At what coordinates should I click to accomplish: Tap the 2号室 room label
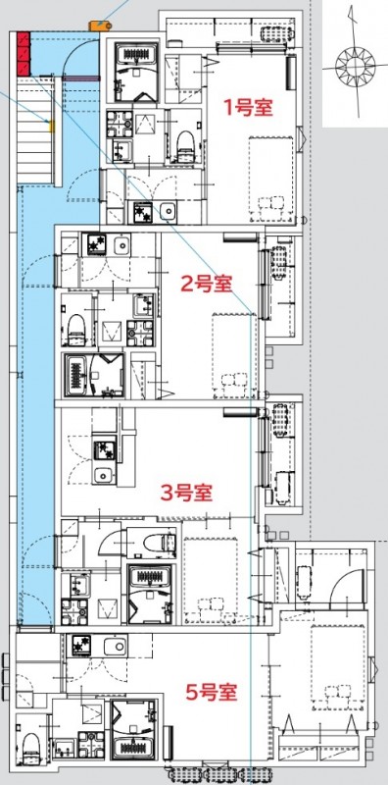coord(206,285)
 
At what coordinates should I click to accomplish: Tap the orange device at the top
coord(99,24)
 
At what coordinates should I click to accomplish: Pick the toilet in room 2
coord(75,327)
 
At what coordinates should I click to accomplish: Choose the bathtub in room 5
coord(132,748)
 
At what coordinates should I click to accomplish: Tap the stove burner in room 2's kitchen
coord(96,242)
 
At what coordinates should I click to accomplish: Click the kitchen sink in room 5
coord(113,647)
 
